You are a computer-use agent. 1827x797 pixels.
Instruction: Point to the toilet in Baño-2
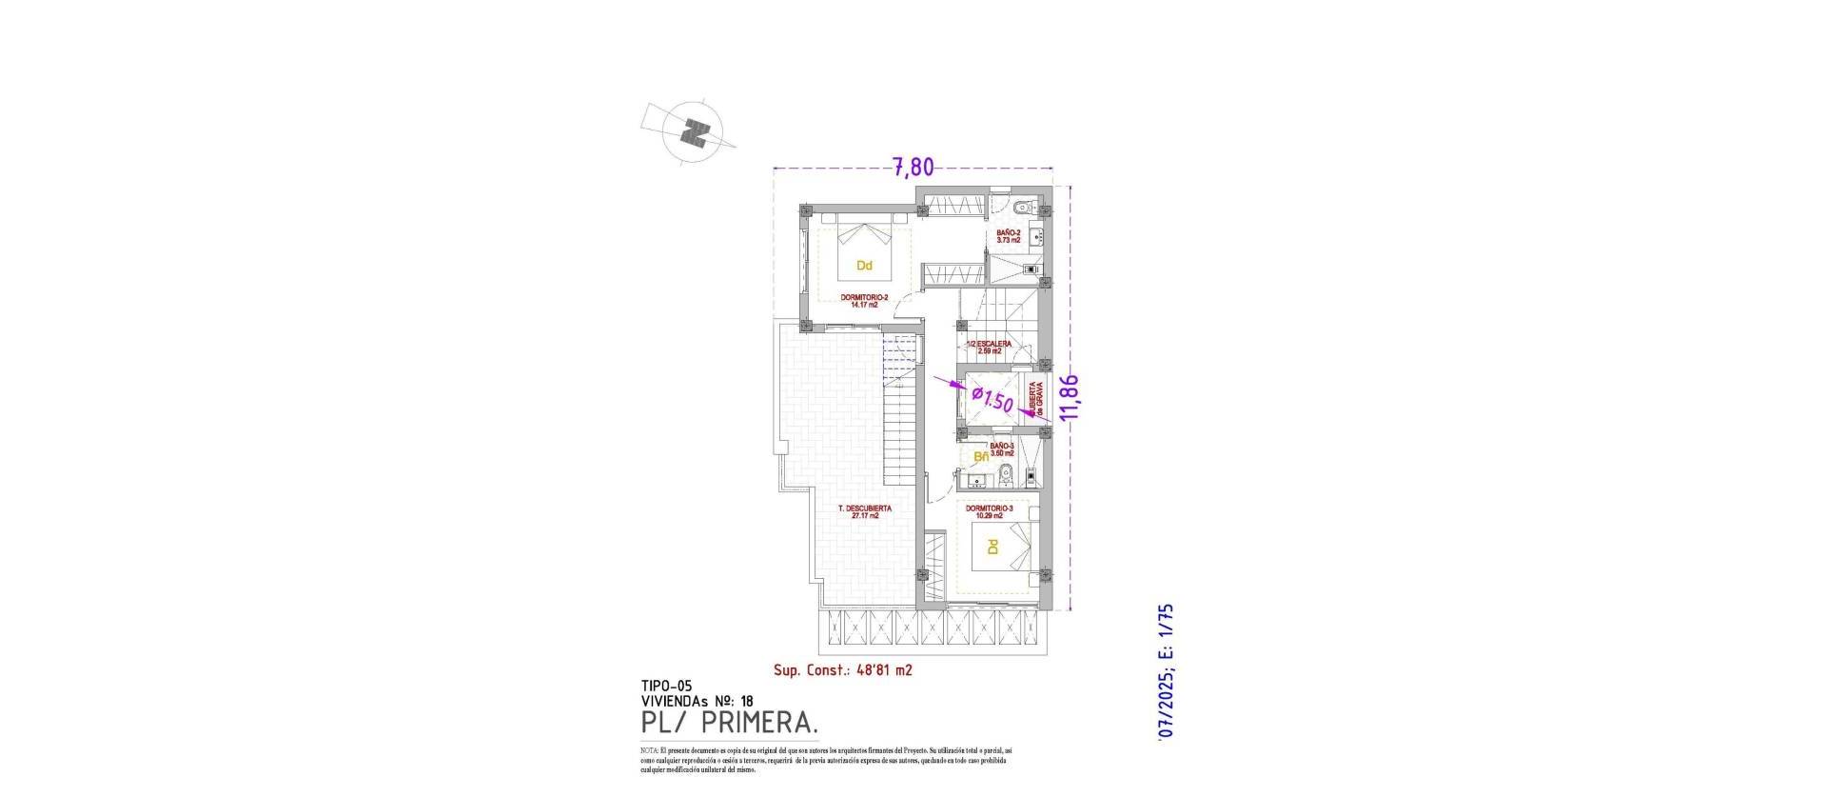pos(1019,207)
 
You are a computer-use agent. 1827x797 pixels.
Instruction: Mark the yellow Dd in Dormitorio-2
pos(864,266)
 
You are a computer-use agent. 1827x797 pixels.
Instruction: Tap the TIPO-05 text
pos(666,686)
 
